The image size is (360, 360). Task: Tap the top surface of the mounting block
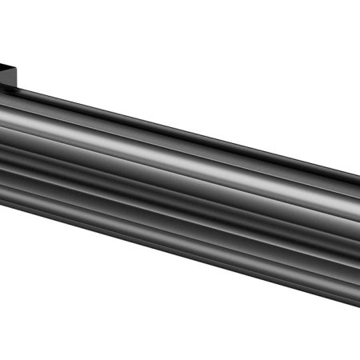(8, 63)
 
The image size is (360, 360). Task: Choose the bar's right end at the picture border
(358, 240)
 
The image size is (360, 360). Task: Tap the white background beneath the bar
(120, 312)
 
